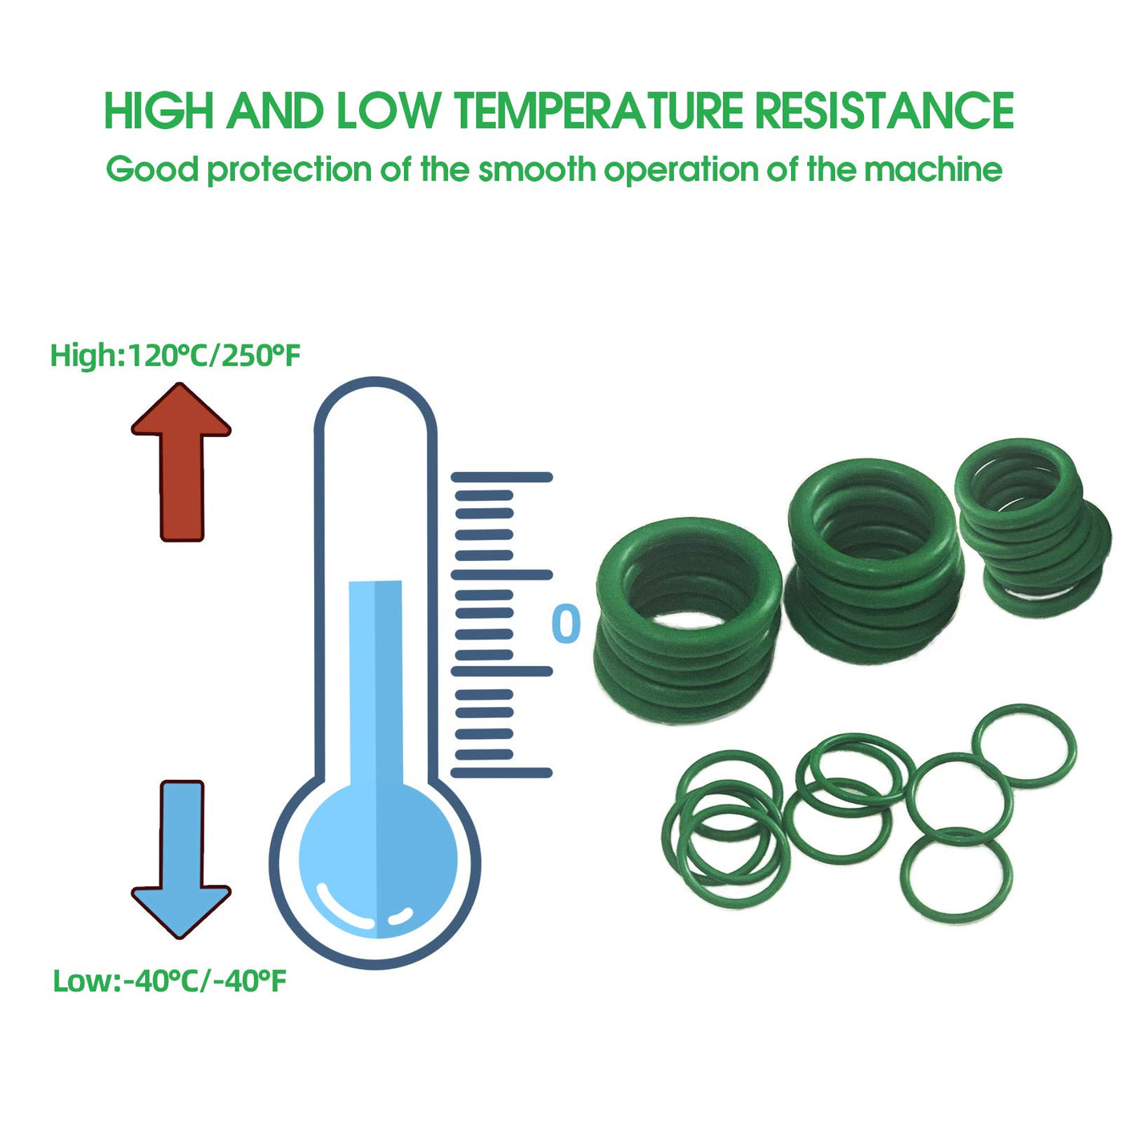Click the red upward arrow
pyautogui.click(x=181, y=462)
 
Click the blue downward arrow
pyautogui.click(x=181, y=859)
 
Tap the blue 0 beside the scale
pyautogui.click(x=566, y=623)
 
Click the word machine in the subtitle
pyautogui.click(x=933, y=169)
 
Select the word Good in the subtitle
pyautogui.click(x=152, y=169)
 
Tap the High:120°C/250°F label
pyautogui.click(x=176, y=356)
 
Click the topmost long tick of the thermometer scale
pyautogui.click(x=502, y=478)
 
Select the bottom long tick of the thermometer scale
pyautogui.click(x=502, y=773)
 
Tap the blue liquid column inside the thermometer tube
pyautogui.click(x=376, y=681)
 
